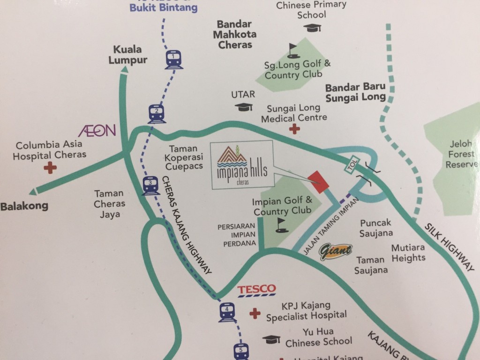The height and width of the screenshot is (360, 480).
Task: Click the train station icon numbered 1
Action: (173, 59)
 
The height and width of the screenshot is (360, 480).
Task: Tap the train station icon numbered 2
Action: (157, 113)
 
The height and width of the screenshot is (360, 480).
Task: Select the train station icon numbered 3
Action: (150, 185)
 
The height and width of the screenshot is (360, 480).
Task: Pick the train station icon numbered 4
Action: (227, 312)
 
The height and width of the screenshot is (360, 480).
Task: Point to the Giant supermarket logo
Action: (335, 251)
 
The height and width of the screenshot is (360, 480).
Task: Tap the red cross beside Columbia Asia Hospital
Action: (50, 167)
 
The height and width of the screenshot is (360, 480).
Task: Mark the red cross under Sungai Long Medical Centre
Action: (294, 129)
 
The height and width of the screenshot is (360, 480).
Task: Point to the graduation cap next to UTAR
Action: (243, 107)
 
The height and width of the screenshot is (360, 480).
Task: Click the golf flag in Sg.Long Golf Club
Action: (293, 48)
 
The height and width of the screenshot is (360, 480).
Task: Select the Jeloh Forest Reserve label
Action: (459, 154)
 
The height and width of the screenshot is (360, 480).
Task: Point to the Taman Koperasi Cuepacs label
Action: (184, 157)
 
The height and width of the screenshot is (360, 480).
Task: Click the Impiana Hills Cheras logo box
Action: (241, 165)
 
